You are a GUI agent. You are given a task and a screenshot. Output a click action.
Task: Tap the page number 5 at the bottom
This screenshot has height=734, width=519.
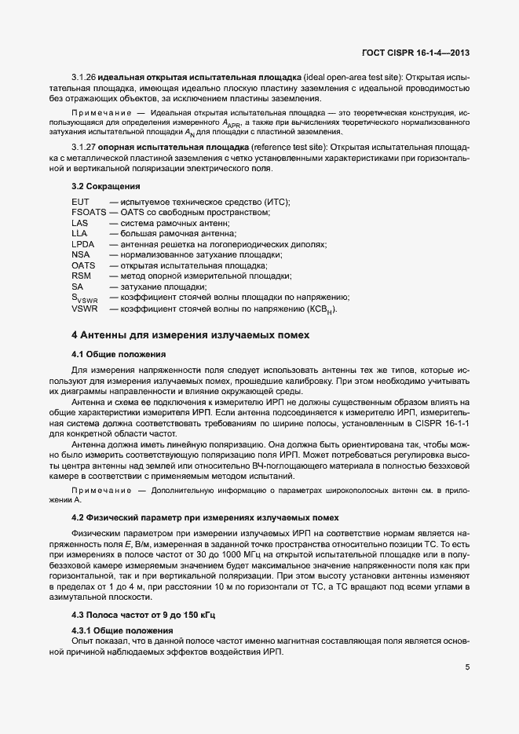tap(466, 668)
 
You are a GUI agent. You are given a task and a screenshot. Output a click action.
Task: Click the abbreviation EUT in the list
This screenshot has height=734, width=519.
tap(80, 203)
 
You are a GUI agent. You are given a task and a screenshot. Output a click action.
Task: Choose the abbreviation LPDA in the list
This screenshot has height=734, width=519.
tap(82, 245)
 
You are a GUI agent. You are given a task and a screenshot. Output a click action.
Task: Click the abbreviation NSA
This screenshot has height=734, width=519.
tap(80, 255)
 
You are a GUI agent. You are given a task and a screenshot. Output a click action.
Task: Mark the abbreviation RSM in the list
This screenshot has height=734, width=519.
tap(81, 276)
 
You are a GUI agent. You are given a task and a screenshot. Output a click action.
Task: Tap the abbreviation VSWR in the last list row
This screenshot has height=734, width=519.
tap(84, 309)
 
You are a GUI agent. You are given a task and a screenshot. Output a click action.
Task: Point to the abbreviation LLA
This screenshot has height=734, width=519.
tap(79, 234)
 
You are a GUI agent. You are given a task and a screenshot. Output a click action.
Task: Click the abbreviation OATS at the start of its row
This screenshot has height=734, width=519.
tap(83, 266)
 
